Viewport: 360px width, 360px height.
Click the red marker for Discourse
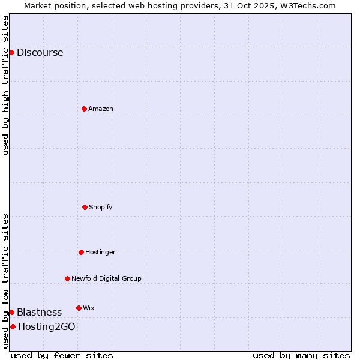pos(11,52)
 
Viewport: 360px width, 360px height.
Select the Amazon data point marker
pos(84,109)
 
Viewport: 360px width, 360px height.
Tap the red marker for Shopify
pos(85,207)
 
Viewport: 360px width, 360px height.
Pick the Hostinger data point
pos(81,252)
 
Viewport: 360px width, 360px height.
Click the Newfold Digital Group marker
pos(67,278)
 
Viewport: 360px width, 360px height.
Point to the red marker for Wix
pos(79,308)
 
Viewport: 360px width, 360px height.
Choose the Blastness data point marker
pos(11,312)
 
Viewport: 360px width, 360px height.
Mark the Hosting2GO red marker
pos(13,326)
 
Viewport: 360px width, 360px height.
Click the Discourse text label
pos(40,52)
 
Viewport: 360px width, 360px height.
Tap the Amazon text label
pos(101,109)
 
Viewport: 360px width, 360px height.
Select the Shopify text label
pos(101,207)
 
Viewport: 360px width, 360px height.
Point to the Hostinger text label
pos(100,252)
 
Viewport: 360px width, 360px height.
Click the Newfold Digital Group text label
pos(106,278)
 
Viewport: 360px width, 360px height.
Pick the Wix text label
pos(89,308)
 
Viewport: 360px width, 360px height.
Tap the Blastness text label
pos(39,312)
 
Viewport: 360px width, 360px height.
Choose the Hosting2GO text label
pos(47,326)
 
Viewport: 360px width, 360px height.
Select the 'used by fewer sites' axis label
pos(62,355)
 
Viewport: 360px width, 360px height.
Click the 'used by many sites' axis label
pos(301,355)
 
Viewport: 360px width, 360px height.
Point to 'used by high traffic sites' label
pos(5,85)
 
